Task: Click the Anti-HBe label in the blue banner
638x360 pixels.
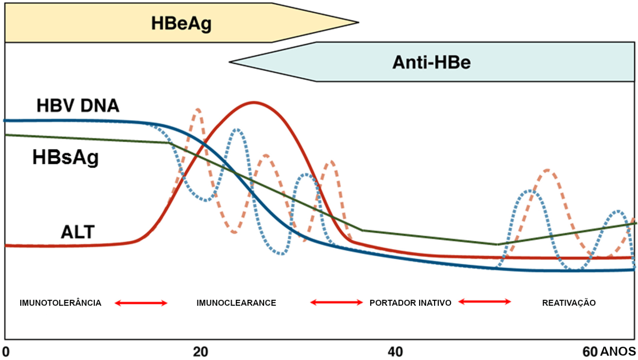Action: pyautogui.click(x=432, y=62)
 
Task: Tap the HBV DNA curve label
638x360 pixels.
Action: pyautogui.click(x=77, y=105)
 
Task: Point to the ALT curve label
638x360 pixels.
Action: pyautogui.click(x=77, y=232)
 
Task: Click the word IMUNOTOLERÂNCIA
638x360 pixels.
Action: pyautogui.click(x=60, y=303)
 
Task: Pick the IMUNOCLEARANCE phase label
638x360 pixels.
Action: pyautogui.click(x=236, y=303)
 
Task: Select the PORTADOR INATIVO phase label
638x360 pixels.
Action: pyautogui.click(x=410, y=303)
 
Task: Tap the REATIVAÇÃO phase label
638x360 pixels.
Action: pyautogui.click(x=568, y=303)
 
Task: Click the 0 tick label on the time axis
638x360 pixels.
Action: pyautogui.click(x=6, y=351)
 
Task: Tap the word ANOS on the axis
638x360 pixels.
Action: pyautogui.click(x=618, y=351)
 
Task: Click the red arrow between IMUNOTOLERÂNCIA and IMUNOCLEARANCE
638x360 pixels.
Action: pyautogui.click(x=142, y=303)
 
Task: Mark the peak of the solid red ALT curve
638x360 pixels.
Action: pyautogui.click(x=254, y=102)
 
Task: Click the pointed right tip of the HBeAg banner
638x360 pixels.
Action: pyautogui.click(x=358, y=22)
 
